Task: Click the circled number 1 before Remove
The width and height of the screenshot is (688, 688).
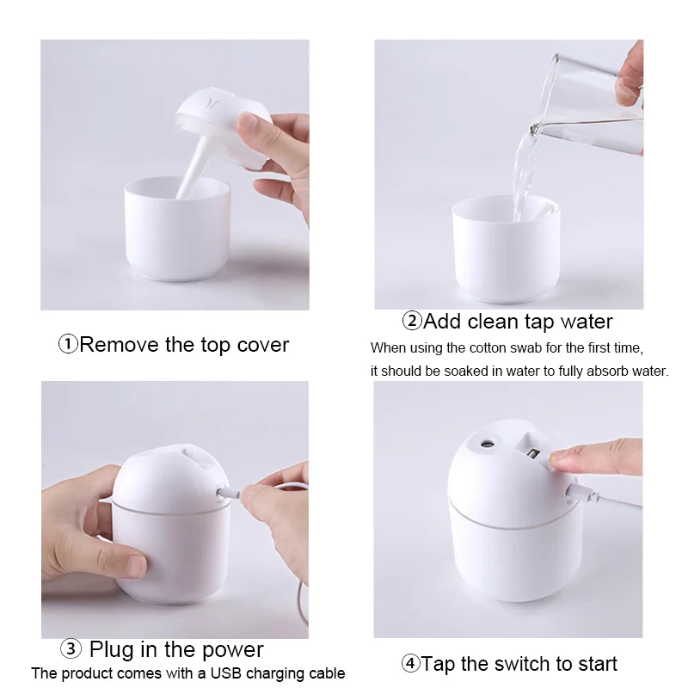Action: [x=68, y=344]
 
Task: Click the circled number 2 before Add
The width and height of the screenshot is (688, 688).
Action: [x=412, y=321]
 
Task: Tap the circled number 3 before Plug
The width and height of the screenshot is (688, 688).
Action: [x=71, y=649]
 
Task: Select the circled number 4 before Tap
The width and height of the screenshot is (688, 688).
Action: [x=411, y=663]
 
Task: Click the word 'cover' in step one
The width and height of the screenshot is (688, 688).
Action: [x=263, y=345]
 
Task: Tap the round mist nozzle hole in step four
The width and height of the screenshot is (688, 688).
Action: [x=486, y=444]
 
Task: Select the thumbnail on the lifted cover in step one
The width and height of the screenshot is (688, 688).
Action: [x=247, y=124]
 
